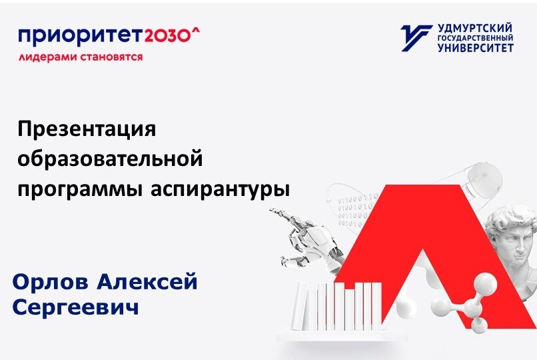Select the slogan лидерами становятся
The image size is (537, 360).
click(x=81, y=57)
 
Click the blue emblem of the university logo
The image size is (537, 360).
click(x=415, y=38)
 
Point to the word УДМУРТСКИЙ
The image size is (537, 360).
click(x=475, y=28)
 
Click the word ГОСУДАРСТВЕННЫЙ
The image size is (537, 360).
click(x=475, y=39)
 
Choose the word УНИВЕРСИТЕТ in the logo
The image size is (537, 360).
click(x=475, y=49)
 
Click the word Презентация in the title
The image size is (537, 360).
click(x=87, y=129)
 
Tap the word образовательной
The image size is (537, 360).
click(x=110, y=160)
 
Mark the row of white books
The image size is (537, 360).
click(x=340, y=307)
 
